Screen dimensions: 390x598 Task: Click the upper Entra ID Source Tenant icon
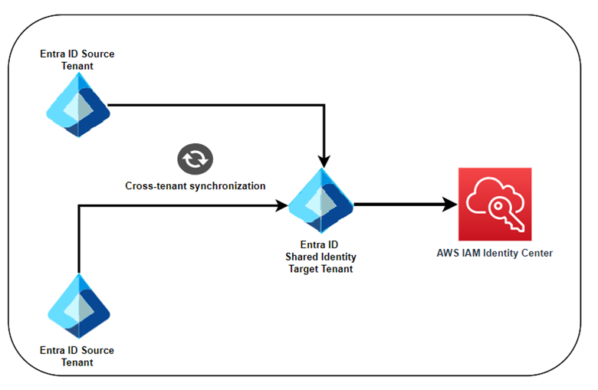pos(77,105)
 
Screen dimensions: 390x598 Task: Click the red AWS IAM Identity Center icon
pos(494,205)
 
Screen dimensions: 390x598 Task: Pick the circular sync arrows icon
pos(195,159)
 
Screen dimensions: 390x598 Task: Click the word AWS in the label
pos(449,254)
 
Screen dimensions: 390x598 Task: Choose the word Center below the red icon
pos(535,254)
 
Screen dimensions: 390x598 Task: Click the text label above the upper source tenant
pos(77,61)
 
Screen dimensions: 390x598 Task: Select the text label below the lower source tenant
pos(77,356)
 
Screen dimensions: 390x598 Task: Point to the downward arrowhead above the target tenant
pos(324,161)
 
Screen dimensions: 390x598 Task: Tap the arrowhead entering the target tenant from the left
pos(281,205)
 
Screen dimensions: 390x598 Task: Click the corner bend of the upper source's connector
pos(324,105)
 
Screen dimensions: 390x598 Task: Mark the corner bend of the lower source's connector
pos(79,205)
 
